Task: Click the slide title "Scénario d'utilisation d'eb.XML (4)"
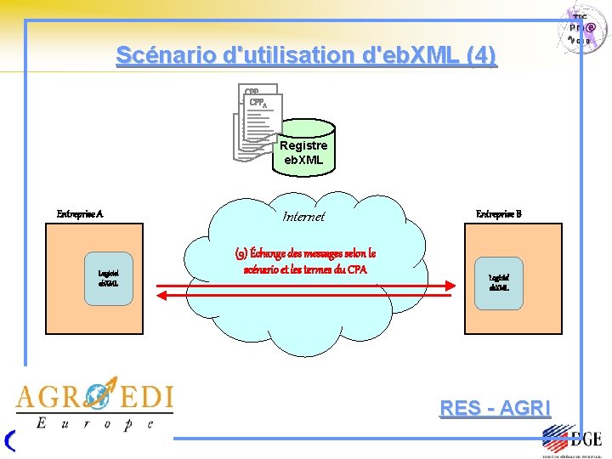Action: (305, 55)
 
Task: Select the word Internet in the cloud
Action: (303, 217)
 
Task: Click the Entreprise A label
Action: (80, 214)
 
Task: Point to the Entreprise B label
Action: (498, 214)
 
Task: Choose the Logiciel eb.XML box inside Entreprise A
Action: (107, 277)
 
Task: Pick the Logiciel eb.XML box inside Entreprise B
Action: (499, 281)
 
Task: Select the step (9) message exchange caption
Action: (304, 261)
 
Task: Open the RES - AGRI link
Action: (495, 408)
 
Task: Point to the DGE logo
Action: (573, 440)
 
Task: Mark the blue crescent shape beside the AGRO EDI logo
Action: (9, 439)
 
